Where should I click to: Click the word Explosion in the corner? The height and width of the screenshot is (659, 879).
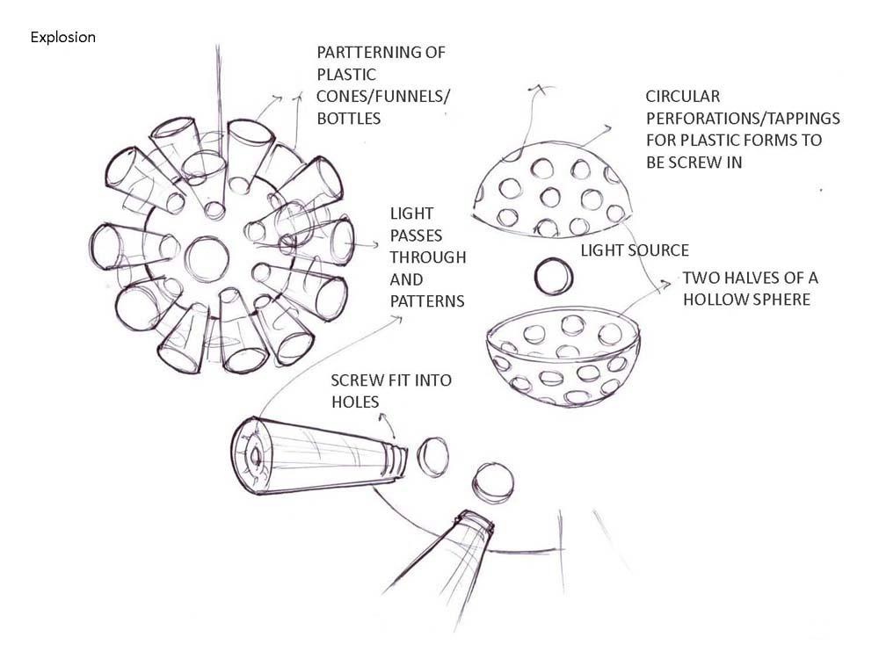click(62, 38)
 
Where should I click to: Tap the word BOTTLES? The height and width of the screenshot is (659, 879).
click(349, 117)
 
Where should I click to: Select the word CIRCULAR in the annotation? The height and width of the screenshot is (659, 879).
click(682, 97)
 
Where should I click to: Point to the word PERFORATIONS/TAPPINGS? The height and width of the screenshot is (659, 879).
click(743, 118)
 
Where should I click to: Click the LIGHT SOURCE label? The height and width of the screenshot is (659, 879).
click(634, 251)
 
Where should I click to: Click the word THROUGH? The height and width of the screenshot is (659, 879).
click(428, 257)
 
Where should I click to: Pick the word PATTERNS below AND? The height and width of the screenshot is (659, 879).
click(427, 301)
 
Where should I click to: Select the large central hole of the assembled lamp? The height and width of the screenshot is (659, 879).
click(207, 260)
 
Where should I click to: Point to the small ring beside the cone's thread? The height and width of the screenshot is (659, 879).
click(432, 456)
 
